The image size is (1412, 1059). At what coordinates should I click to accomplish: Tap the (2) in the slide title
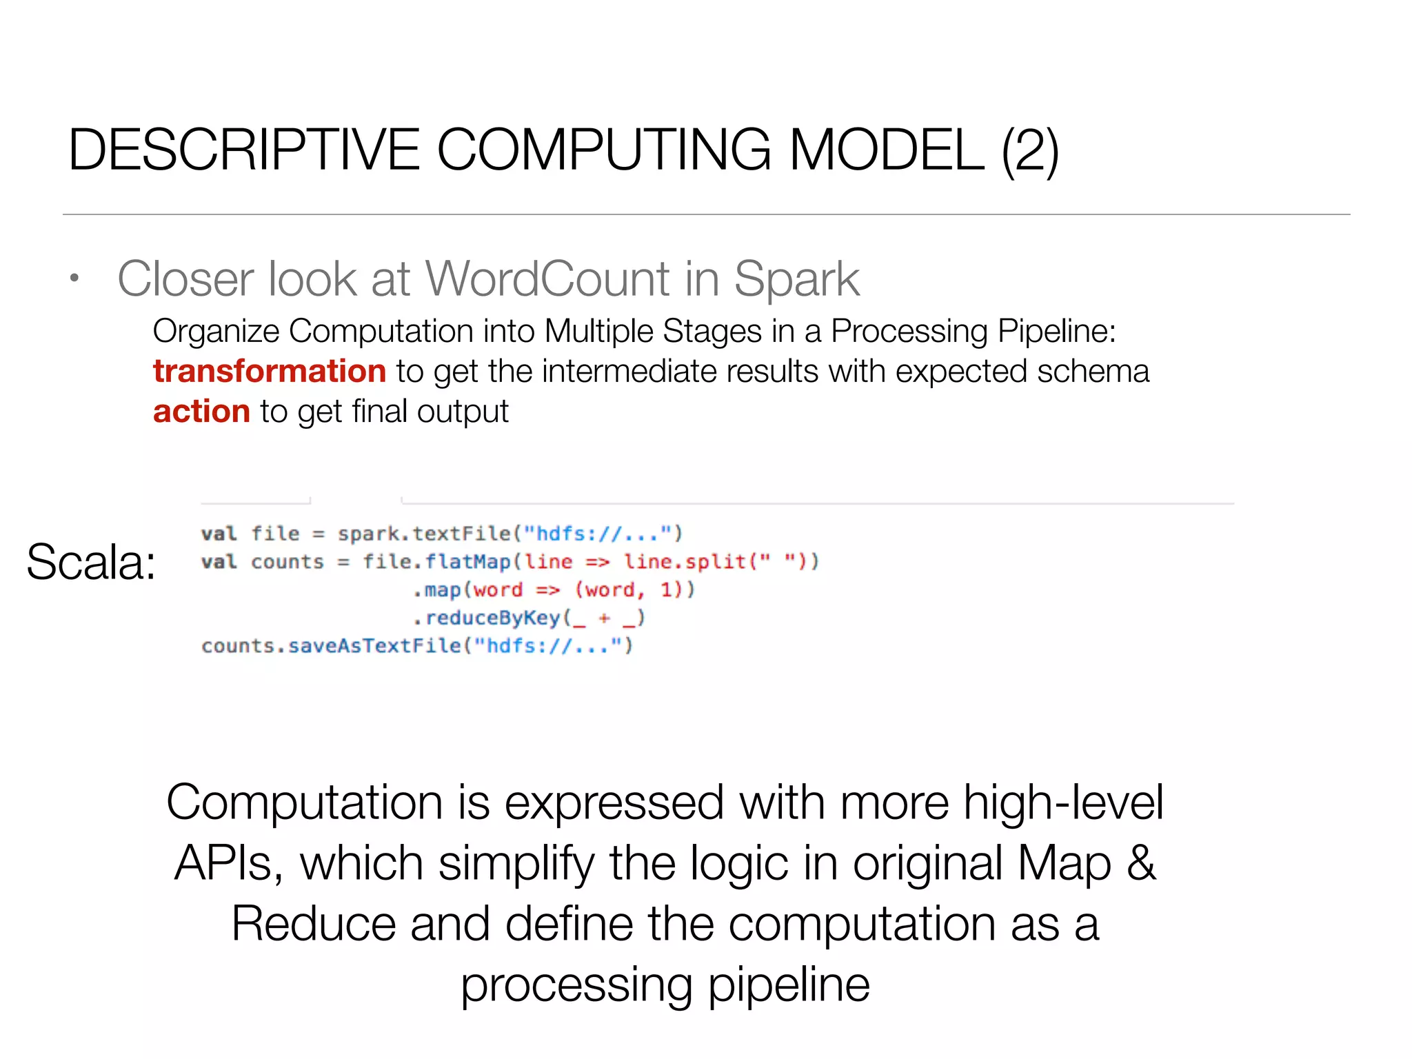pyautogui.click(x=1029, y=151)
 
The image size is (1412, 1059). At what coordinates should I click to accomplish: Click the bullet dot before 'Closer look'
pyautogui.click(x=74, y=279)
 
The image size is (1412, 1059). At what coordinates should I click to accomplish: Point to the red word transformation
pyautogui.click(x=270, y=372)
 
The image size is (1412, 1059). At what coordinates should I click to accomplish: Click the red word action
pyautogui.click(x=201, y=412)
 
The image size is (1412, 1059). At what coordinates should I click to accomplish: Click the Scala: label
pyautogui.click(x=91, y=562)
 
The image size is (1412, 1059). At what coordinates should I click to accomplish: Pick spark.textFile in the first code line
pyautogui.click(x=423, y=534)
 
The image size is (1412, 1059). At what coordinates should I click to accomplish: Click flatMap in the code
pyautogui.click(x=467, y=562)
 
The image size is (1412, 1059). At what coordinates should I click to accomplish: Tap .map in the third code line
pyautogui.click(x=437, y=590)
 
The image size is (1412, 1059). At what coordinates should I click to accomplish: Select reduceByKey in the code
pyautogui.click(x=492, y=618)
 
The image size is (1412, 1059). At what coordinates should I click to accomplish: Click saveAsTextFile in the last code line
pyautogui.click(x=374, y=646)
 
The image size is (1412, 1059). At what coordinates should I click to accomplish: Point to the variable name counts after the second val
pyautogui.click(x=287, y=562)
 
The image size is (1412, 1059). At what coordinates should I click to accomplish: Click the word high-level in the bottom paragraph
pyautogui.click(x=1062, y=803)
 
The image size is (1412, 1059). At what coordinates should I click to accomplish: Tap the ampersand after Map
pyautogui.click(x=1141, y=863)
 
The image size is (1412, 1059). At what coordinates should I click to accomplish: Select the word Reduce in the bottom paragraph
pyautogui.click(x=313, y=924)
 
